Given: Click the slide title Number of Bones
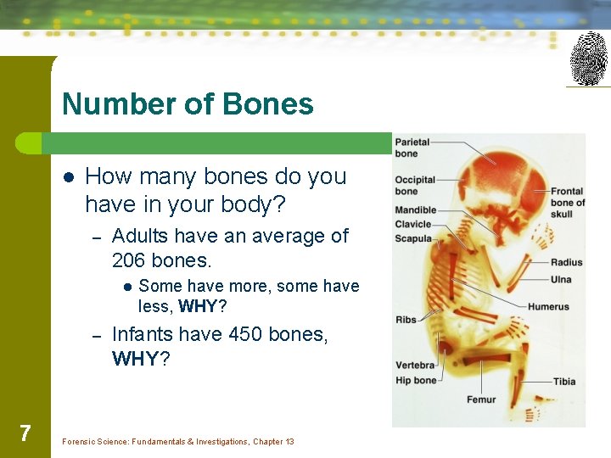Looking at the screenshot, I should (x=188, y=104).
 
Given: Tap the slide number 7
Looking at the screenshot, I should (x=25, y=433).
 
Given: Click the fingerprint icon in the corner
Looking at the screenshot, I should (x=588, y=58).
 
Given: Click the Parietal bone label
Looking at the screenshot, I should (x=412, y=148).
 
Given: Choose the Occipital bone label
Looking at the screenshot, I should (x=415, y=185).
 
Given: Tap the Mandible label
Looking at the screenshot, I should (x=416, y=209).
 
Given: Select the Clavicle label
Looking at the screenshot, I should (x=413, y=224).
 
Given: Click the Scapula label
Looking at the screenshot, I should (x=413, y=238).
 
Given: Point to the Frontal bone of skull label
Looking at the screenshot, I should (x=567, y=203).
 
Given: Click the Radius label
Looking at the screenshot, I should (x=566, y=262).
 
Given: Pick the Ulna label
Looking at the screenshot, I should (x=561, y=279).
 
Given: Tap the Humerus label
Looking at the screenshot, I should (x=548, y=306).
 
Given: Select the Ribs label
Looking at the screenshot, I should (x=406, y=320).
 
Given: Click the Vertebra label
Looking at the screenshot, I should (x=415, y=366).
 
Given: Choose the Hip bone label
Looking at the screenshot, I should (x=416, y=380).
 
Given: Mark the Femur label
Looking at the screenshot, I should (x=481, y=399).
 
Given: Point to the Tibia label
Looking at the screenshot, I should (x=564, y=382).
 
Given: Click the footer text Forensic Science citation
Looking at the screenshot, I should (x=178, y=442).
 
